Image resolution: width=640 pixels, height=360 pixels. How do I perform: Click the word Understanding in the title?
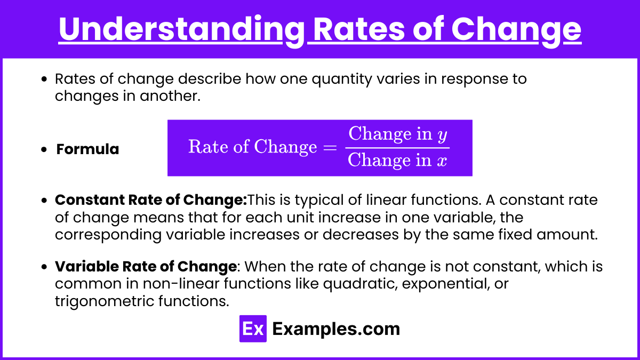[x=182, y=30]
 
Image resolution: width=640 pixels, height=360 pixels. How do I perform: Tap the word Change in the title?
[x=516, y=30]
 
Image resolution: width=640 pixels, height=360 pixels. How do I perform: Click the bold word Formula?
[x=87, y=149]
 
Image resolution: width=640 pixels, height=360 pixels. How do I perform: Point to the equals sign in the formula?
[x=330, y=148]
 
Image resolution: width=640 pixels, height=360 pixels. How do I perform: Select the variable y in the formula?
[x=442, y=135]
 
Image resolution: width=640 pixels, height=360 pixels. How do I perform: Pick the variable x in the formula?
[x=442, y=161]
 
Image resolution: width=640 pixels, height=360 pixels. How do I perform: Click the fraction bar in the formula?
[x=397, y=148]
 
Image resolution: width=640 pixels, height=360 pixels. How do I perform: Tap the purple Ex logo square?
[x=253, y=329]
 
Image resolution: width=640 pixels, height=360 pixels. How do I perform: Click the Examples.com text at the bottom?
[x=336, y=329]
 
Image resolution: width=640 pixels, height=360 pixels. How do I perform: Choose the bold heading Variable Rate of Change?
[x=146, y=267]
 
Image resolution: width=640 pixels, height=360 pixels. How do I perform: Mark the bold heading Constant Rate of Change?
[x=151, y=199]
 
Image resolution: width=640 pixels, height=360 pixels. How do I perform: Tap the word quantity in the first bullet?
[x=342, y=79]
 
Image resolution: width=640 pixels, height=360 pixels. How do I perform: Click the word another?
[x=170, y=96]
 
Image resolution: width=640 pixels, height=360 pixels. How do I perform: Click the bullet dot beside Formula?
[x=44, y=149]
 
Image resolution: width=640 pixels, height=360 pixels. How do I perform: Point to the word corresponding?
[x=108, y=235]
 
